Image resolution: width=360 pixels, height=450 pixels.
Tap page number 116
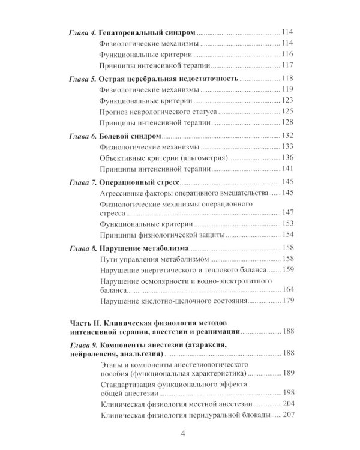[x=289, y=54]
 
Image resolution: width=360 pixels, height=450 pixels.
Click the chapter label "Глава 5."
[x=82, y=80]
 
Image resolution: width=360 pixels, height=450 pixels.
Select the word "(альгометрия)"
[x=197, y=158]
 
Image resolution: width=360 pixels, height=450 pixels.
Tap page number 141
[x=289, y=169]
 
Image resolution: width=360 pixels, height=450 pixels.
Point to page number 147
[x=289, y=213]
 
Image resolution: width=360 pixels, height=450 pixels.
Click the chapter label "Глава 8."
[x=82, y=248]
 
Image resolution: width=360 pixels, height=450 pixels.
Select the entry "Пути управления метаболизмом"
[x=146, y=259]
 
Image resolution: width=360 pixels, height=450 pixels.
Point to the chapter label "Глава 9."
[x=82, y=345]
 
